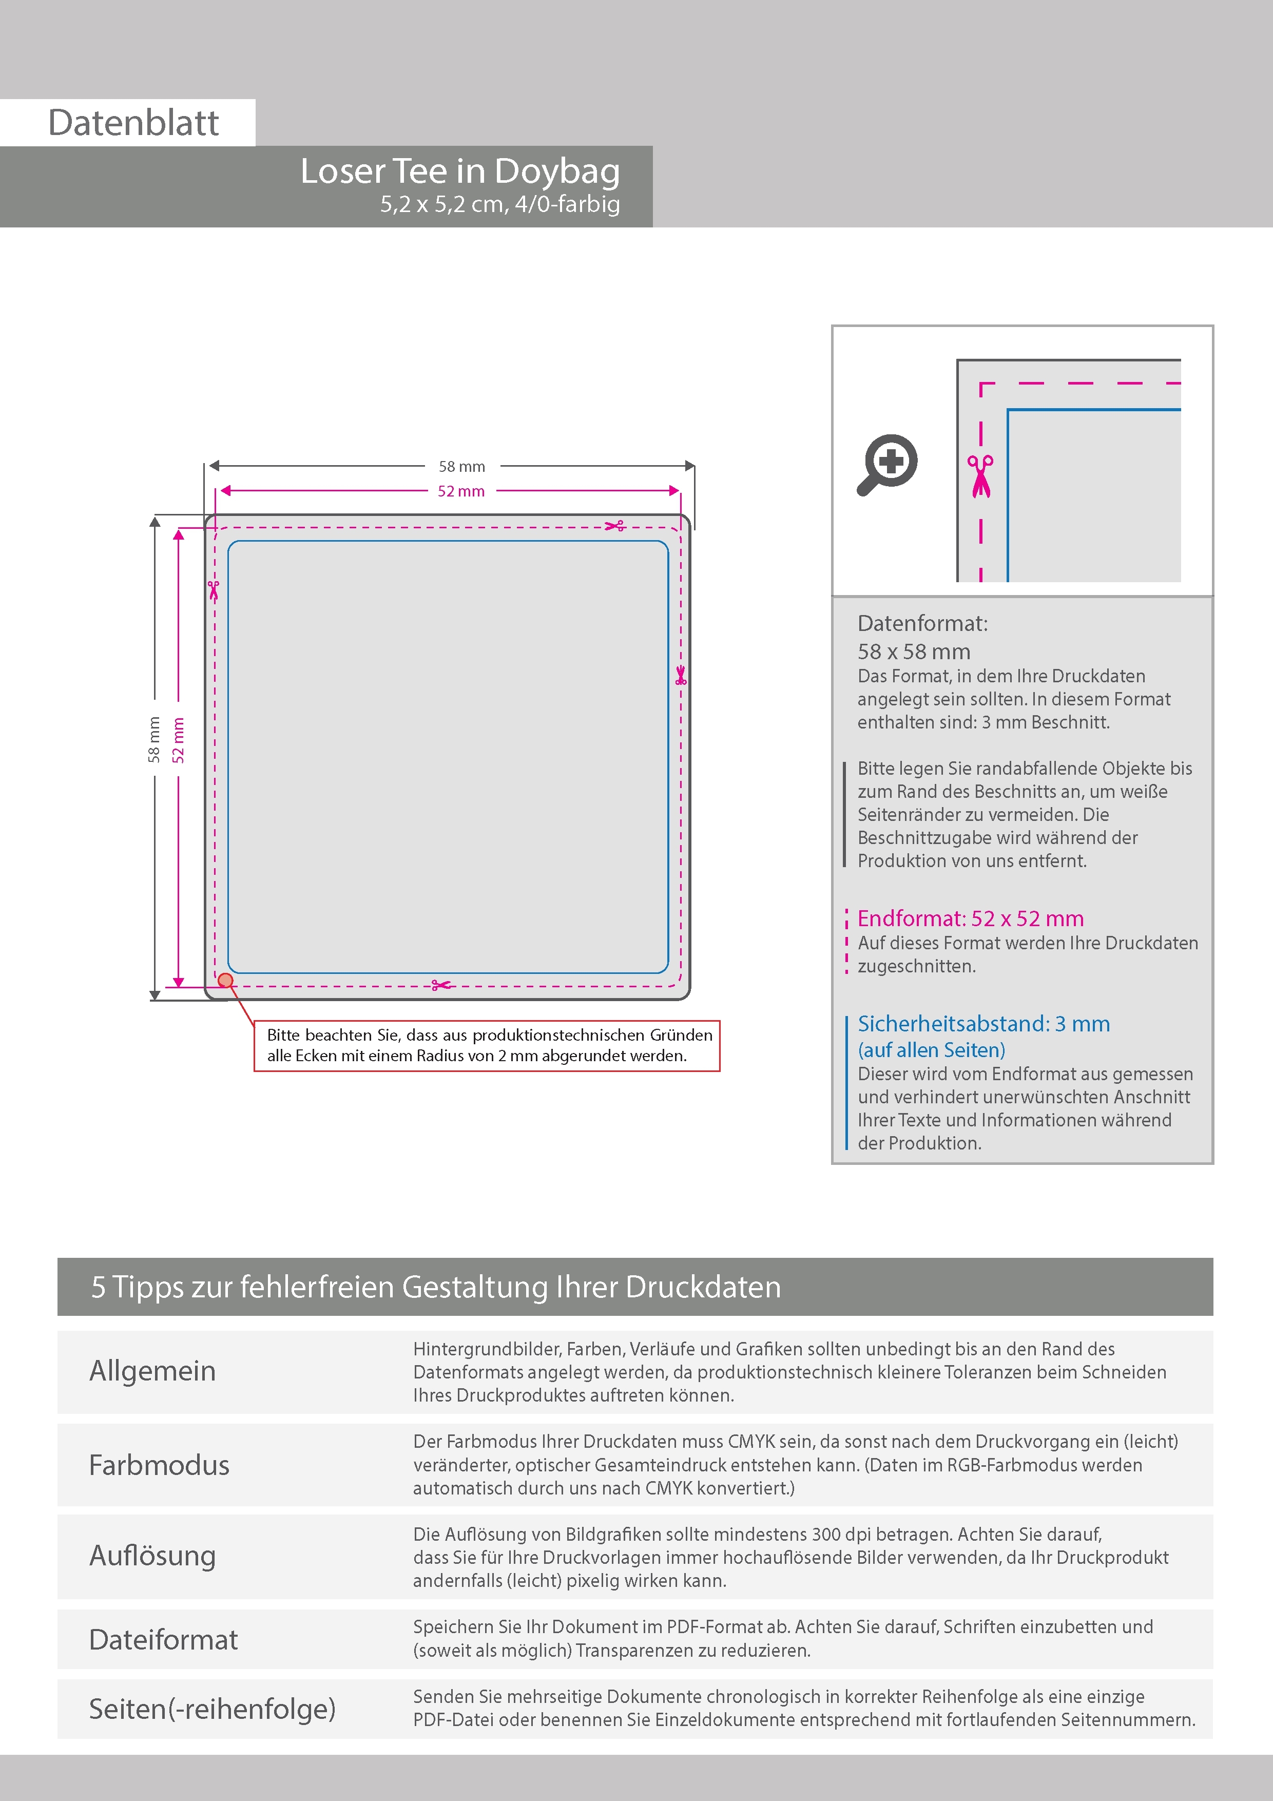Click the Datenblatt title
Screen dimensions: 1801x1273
133,123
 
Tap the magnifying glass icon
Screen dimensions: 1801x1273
887,465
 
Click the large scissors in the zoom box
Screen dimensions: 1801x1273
980,476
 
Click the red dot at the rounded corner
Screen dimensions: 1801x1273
226,980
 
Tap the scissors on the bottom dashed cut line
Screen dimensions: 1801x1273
441,985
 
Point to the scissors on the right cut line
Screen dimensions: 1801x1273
681,676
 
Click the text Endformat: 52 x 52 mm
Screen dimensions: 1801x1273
970,918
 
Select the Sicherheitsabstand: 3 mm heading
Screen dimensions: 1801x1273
983,1024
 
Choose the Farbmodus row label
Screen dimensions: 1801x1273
159,1465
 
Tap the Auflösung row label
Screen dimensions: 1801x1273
153,1556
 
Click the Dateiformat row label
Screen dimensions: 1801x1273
163,1639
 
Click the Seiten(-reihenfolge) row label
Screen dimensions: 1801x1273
212,1709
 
